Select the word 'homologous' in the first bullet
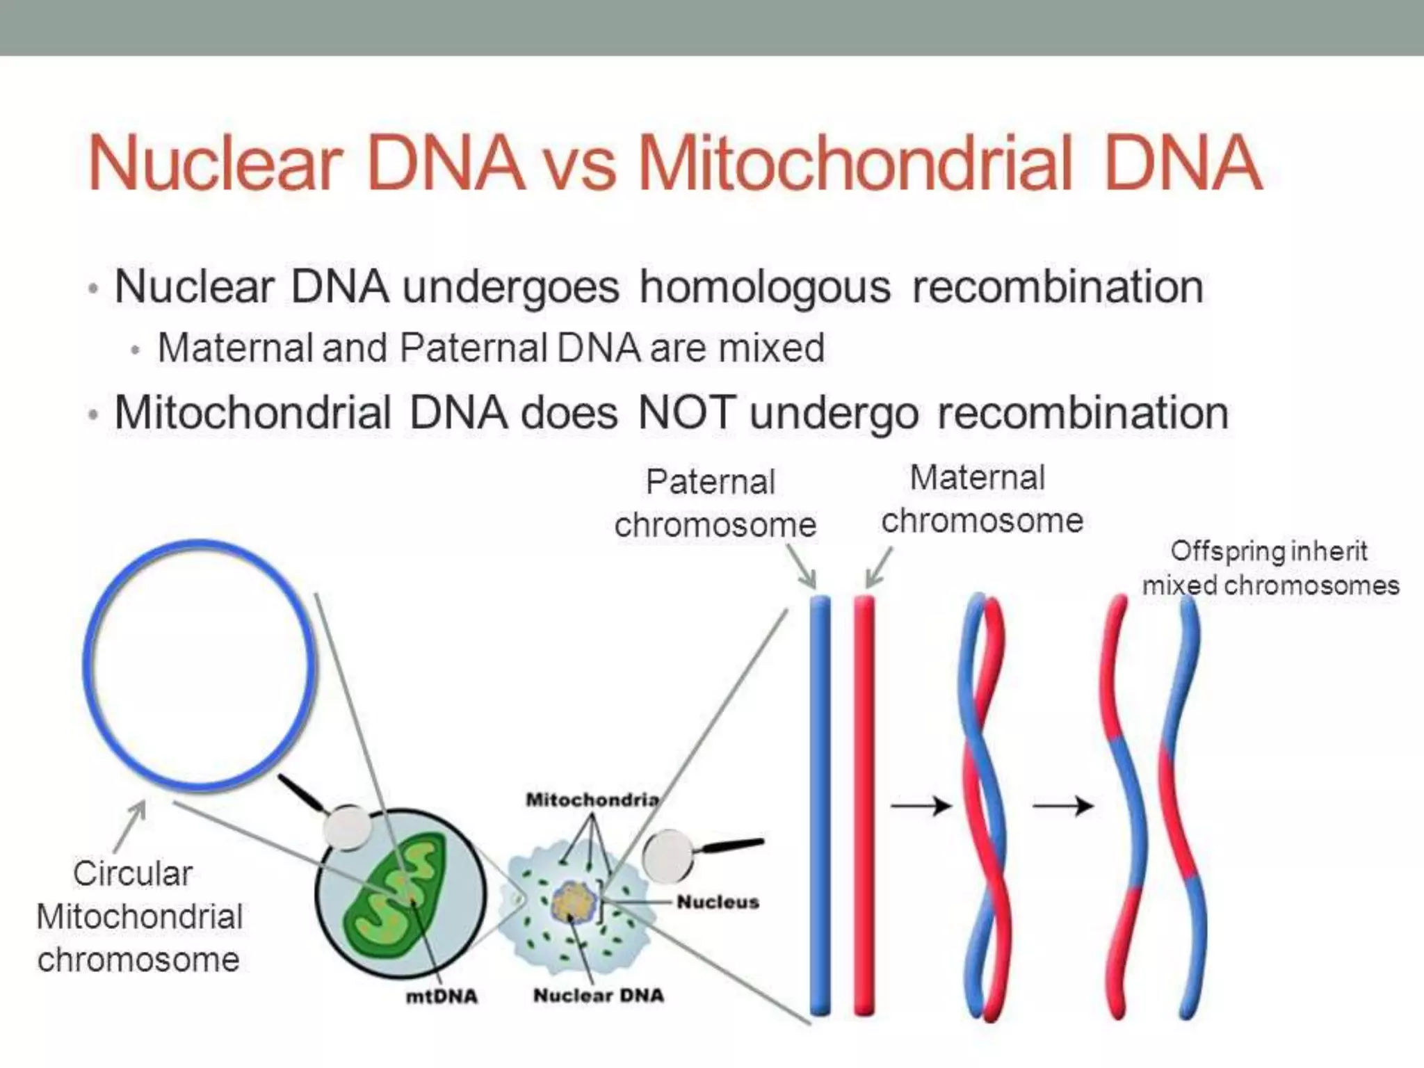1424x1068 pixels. (x=765, y=287)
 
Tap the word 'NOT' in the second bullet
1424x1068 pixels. (x=686, y=412)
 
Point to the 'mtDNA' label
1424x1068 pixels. (x=442, y=996)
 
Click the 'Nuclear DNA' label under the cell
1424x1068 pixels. (x=598, y=995)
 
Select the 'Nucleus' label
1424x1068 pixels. (x=718, y=902)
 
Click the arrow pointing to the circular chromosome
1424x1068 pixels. (x=131, y=824)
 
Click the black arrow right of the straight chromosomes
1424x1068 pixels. (x=921, y=806)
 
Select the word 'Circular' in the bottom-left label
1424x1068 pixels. (x=133, y=873)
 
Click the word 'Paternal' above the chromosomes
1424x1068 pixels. (x=710, y=482)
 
